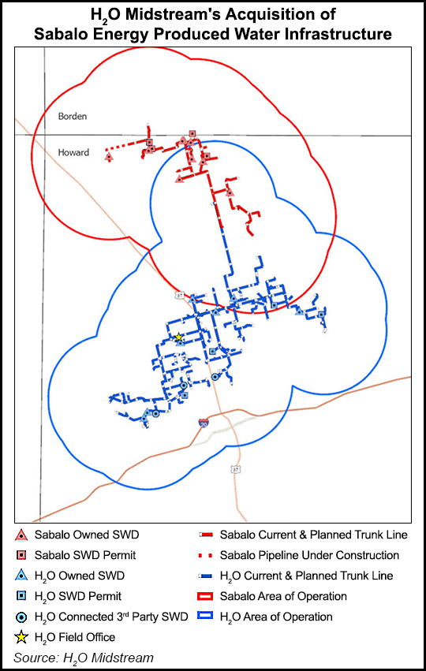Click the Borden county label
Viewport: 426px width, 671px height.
tap(72, 116)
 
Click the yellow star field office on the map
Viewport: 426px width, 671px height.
tap(178, 337)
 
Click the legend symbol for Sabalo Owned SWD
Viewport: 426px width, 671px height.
tap(21, 535)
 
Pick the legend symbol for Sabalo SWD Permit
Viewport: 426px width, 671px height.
tap(21, 555)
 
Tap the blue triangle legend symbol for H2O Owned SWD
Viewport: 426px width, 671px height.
tap(21, 576)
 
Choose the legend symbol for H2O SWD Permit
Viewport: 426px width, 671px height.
tap(21, 596)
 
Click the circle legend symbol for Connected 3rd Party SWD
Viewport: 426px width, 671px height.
tap(21, 617)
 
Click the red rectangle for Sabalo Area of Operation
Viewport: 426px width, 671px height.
tap(214, 596)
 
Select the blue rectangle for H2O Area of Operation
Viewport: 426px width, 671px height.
tap(214, 617)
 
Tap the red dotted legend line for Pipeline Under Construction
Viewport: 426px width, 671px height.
tap(214, 555)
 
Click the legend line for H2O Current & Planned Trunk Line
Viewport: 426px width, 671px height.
tap(214, 576)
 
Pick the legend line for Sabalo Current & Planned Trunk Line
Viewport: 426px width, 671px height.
tap(214, 535)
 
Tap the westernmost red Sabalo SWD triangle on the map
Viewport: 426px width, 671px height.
tap(109, 156)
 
